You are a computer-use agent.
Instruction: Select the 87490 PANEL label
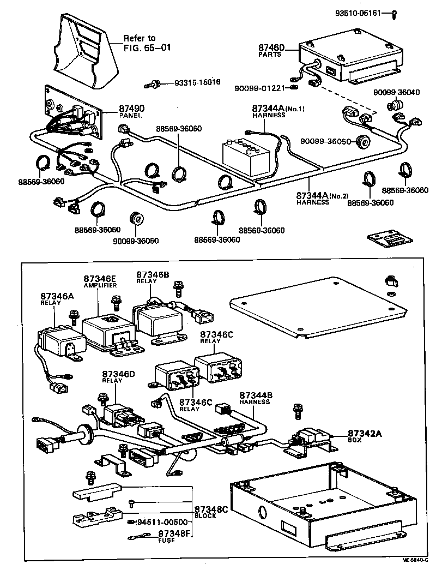click(132, 111)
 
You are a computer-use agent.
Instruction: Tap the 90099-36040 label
click(396, 92)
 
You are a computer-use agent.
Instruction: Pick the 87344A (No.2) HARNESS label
click(320, 197)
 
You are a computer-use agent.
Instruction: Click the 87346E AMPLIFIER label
click(100, 281)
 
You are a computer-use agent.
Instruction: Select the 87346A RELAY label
click(53, 299)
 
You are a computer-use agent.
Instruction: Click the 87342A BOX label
click(365, 435)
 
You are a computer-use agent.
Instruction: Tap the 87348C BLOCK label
click(210, 512)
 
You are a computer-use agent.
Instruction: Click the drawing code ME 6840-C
click(416, 567)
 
